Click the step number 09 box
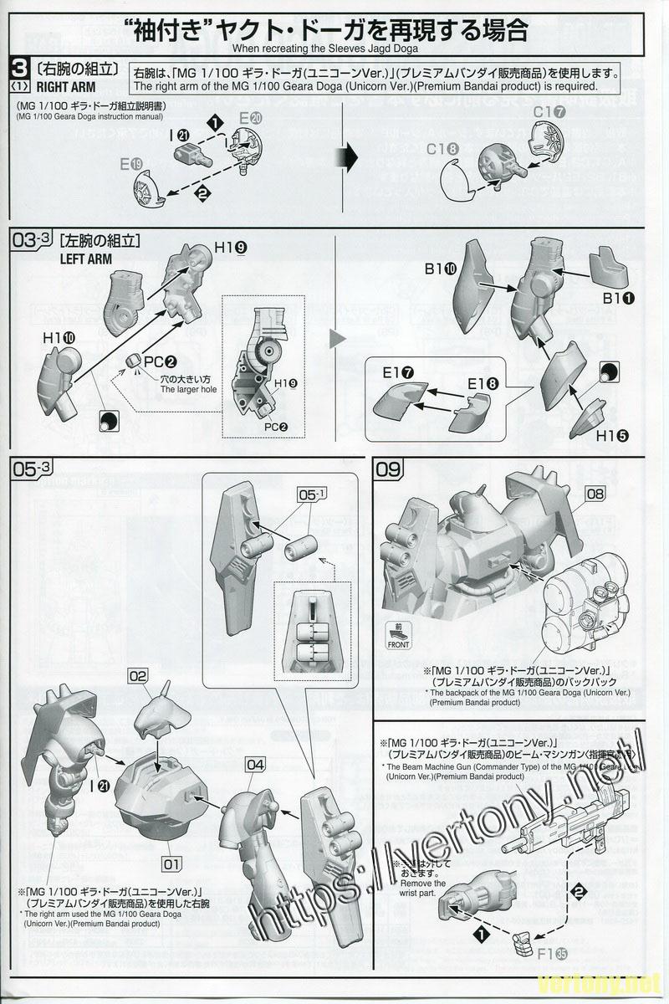coord(389,470)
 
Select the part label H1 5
coord(611,435)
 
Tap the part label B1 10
coord(439,269)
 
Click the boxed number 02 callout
coord(138,674)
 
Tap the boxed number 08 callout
coord(595,494)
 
